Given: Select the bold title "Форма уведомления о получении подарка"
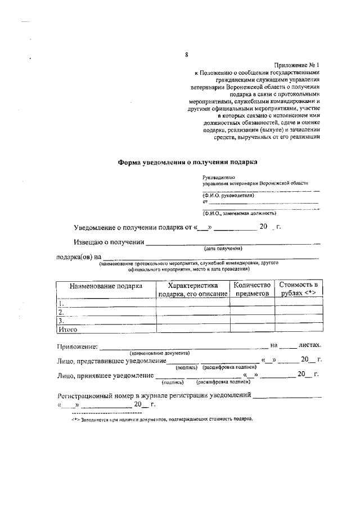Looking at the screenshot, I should click(x=187, y=162).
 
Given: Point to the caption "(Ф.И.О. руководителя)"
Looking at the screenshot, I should click(x=229, y=195).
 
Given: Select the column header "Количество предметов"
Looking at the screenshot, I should click(x=252, y=289).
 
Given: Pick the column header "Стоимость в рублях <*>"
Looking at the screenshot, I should click(x=299, y=289).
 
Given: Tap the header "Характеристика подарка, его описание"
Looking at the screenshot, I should click(x=192, y=289).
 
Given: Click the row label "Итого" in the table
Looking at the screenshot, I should click(x=67, y=328).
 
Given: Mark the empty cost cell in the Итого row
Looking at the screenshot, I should click(x=299, y=328).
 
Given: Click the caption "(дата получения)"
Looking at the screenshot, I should click(x=223, y=248).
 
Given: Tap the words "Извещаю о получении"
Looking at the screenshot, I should click(x=109, y=243).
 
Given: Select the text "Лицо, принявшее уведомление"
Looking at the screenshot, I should click(x=105, y=375).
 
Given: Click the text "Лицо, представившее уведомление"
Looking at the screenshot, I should click(x=111, y=360).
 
